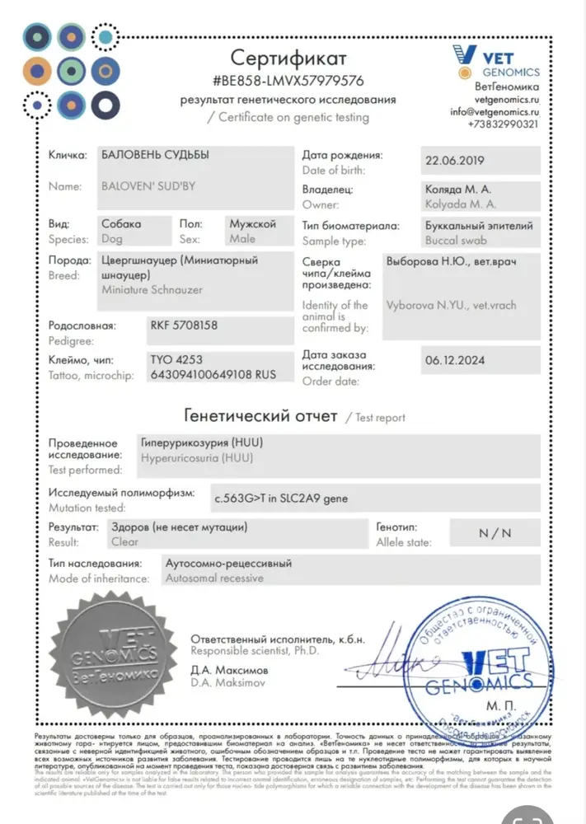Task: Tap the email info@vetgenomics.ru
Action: (x=495, y=111)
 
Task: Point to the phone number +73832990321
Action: (x=503, y=124)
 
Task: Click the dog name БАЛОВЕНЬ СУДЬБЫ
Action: (x=155, y=154)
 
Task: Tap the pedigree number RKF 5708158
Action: (x=184, y=325)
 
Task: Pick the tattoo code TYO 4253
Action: (x=176, y=360)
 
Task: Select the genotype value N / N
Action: (x=495, y=532)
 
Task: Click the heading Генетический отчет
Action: (x=260, y=416)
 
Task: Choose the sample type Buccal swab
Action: (x=456, y=241)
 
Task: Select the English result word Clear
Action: (x=124, y=542)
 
